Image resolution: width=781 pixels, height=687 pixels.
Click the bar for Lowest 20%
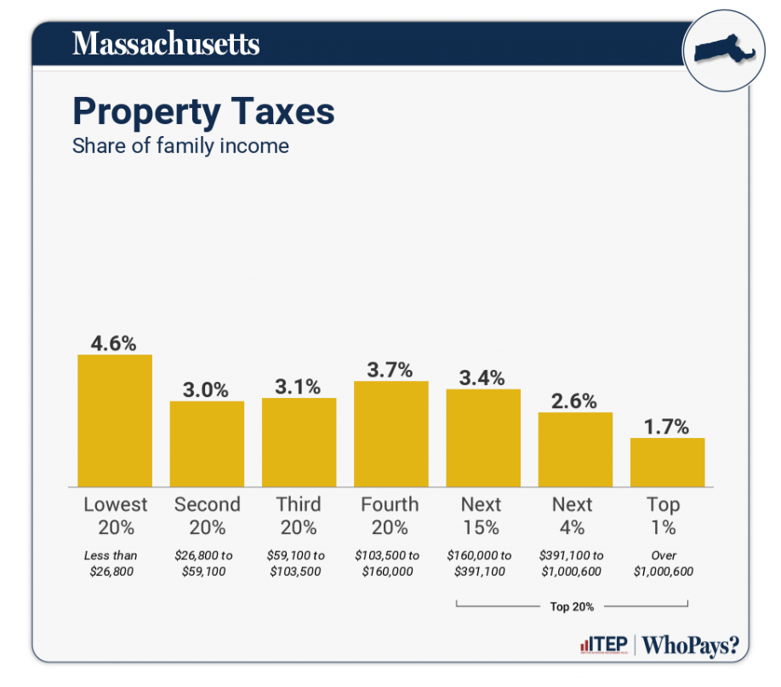[x=115, y=420]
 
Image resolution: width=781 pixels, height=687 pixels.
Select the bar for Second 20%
[x=207, y=443]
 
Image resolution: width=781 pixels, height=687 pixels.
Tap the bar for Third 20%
[x=299, y=441]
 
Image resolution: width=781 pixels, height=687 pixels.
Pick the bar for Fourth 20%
[x=390, y=433]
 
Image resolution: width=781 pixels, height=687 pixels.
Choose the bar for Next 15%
[x=482, y=437]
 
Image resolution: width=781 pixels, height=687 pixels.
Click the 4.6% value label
[x=115, y=343]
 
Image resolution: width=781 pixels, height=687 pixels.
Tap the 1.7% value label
[x=667, y=427]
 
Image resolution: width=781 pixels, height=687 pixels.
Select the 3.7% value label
[x=390, y=370]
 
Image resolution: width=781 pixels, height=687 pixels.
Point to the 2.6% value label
[x=574, y=401]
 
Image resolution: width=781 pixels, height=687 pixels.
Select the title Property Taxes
[x=203, y=112]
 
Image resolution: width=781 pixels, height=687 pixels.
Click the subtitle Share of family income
[x=180, y=146]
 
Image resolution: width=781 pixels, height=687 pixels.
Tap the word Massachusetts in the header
[x=166, y=43]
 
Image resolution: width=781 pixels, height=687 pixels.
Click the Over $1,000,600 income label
[x=664, y=563]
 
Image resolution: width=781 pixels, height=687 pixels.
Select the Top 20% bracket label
[x=572, y=607]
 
